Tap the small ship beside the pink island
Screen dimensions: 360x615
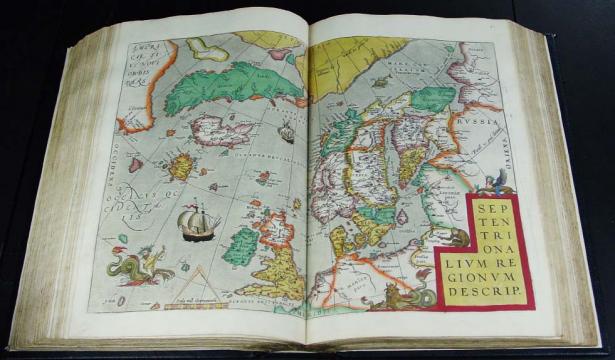coord(287,131)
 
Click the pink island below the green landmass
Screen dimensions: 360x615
coord(225,131)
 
